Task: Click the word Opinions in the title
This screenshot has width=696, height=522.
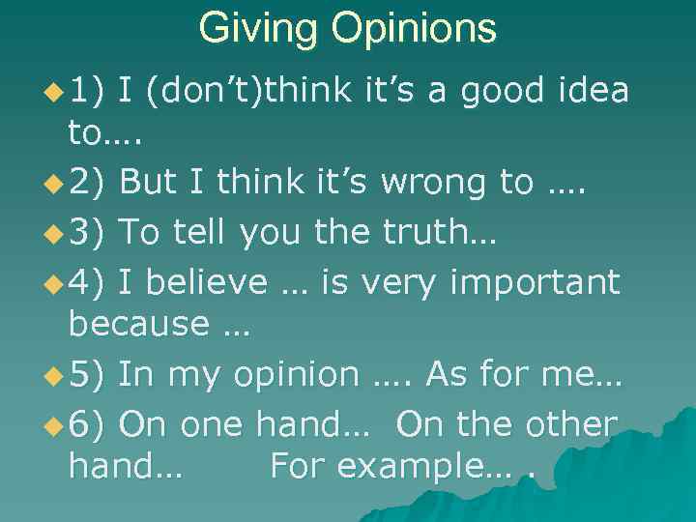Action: click(x=416, y=30)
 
